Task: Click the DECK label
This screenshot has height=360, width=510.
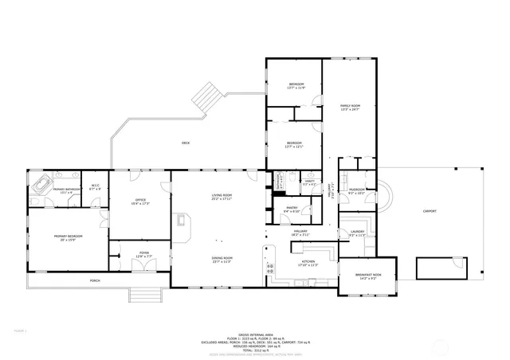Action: (x=186, y=143)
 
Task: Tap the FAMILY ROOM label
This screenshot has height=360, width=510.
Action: (x=350, y=108)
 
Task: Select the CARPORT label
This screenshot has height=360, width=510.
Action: (x=429, y=211)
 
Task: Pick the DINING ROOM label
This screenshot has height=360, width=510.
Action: (x=222, y=259)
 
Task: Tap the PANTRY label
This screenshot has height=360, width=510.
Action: (x=292, y=209)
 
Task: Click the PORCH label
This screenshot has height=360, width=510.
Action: (x=95, y=280)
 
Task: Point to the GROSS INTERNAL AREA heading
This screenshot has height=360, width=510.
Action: (x=255, y=335)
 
